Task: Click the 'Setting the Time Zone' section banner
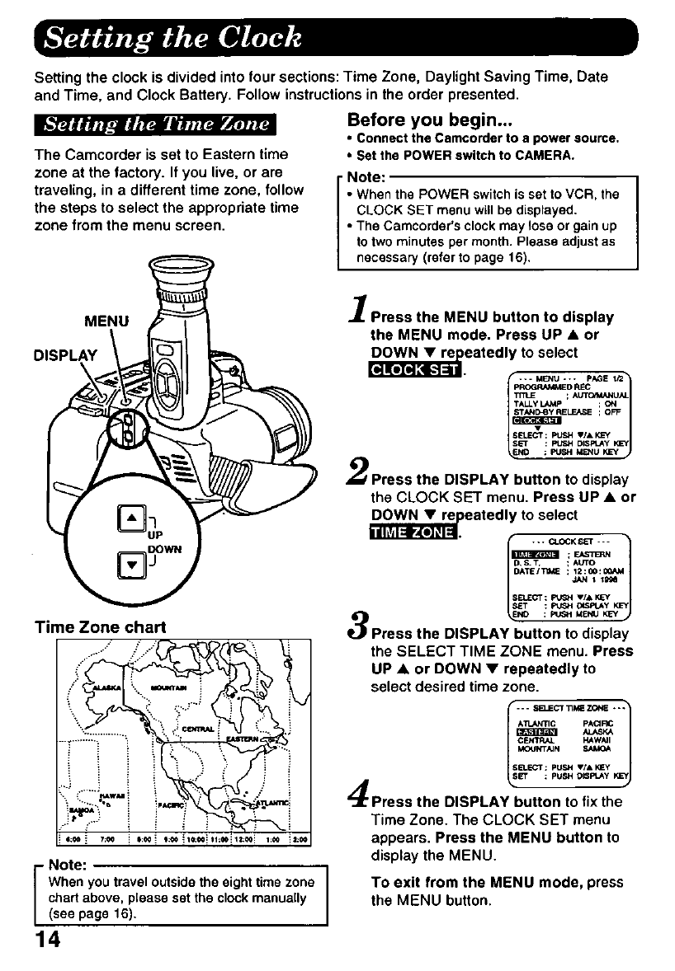tap(157, 125)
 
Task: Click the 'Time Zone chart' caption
tap(98, 626)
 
